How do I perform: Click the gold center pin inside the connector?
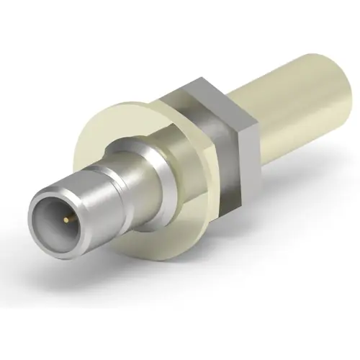pos(66,217)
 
